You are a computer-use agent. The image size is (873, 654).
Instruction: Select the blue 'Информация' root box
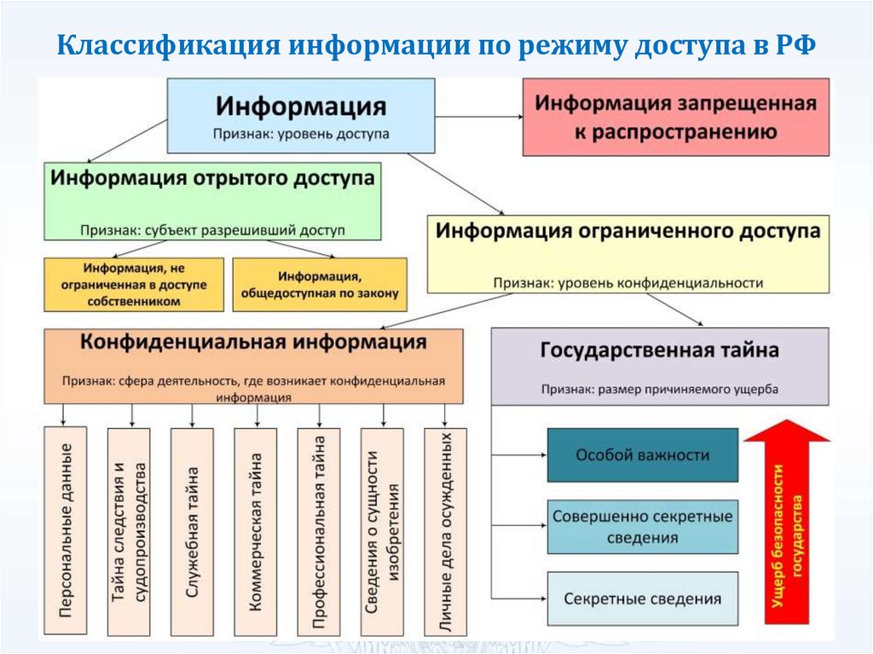300,115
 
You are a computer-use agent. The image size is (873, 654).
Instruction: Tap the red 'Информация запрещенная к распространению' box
675,117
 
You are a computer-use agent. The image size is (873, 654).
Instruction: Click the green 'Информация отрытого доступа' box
212,200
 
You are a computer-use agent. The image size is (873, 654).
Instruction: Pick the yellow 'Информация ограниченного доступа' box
627,253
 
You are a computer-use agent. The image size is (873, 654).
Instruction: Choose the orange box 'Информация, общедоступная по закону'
320,285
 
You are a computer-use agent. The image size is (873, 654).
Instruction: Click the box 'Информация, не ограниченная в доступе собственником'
134,285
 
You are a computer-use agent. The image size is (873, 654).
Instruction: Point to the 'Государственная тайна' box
659,366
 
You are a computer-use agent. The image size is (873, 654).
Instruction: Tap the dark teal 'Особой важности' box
641,454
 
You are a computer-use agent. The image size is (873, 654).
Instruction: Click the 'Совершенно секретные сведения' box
641,527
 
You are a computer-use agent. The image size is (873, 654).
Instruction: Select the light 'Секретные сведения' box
641,599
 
